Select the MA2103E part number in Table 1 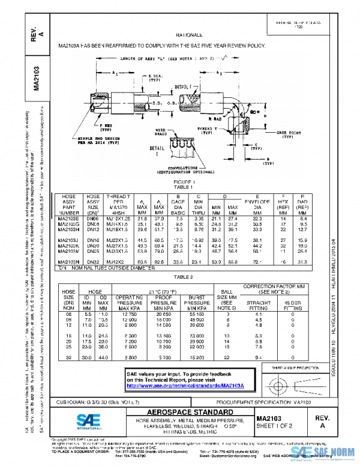point(67,218)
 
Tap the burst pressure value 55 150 point(214,314)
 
